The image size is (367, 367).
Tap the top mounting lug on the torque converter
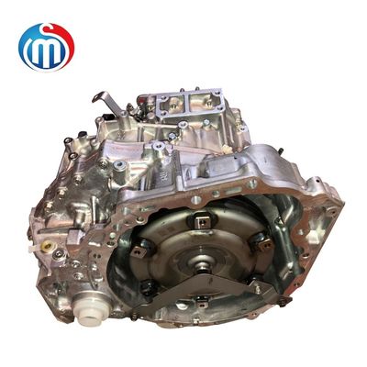point(199,221)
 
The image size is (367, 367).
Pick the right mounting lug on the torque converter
point(261,240)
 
